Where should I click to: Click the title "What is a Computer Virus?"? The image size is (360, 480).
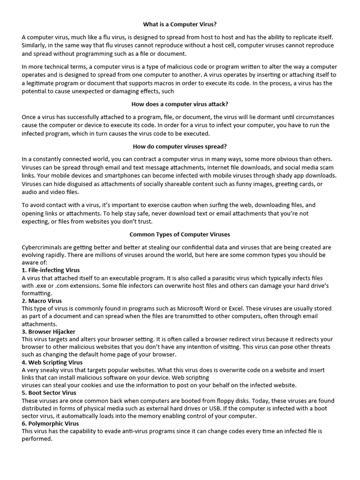(x=180, y=24)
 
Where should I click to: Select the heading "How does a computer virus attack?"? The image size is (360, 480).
(x=180, y=104)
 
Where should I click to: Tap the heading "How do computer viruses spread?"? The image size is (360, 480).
(x=180, y=146)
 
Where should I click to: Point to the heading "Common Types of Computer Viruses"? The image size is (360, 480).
(x=180, y=234)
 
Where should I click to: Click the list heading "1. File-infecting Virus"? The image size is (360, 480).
(x=51, y=270)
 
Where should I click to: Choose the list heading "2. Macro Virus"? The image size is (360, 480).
(x=42, y=301)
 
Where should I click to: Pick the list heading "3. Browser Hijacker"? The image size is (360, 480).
(x=48, y=331)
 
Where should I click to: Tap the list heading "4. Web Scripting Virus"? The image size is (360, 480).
(x=52, y=362)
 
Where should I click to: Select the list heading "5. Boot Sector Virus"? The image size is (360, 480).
(x=49, y=393)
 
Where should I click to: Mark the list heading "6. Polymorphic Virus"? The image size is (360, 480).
(x=50, y=423)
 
